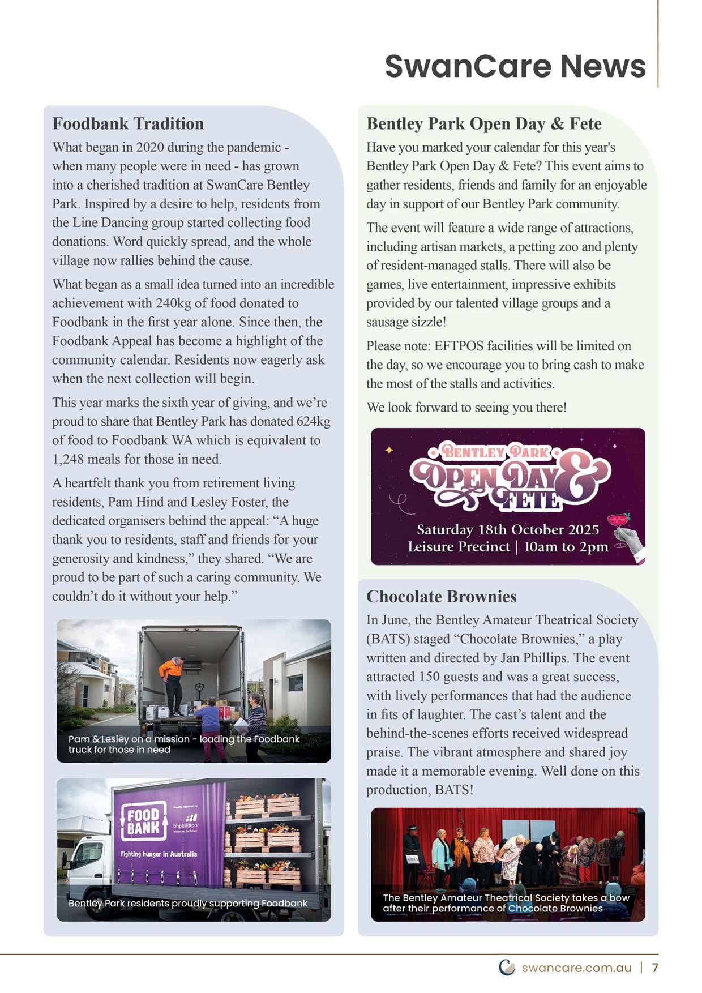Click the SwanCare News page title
coord(515,66)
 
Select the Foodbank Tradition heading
coord(128,123)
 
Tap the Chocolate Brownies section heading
coord(441,596)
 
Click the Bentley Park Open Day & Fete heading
coord(483,123)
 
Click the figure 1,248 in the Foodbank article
coord(70,459)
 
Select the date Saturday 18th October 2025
coord(508,530)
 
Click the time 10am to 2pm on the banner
coord(566,547)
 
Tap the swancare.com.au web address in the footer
coord(576,968)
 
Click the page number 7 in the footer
coord(656,968)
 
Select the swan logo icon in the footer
coord(507,967)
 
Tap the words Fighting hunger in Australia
coord(159,854)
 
